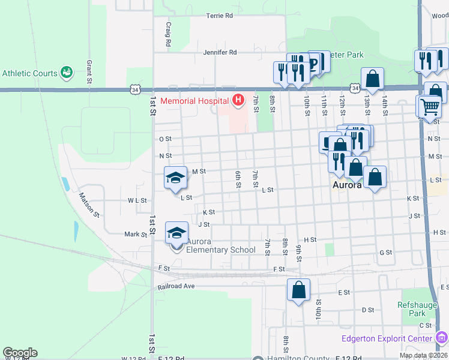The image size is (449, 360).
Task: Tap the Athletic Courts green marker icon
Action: pyautogui.click(x=67, y=73)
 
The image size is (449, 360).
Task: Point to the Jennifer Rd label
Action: pyautogui.click(x=220, y=53)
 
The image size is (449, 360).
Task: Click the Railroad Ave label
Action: pyautogui.click(x=176, y=286)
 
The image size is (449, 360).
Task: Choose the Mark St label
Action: pyautogui.click(x=136, y=235)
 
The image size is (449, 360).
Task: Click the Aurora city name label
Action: pyautogui.click(x=347, y=186)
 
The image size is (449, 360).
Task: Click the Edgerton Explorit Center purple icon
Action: pyautogui.click(x=442, y=338)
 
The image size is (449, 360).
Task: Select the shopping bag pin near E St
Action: pyautogui.click(x=298, y=291)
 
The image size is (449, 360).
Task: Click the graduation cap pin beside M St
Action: pyautogui.click(x=175, y=178)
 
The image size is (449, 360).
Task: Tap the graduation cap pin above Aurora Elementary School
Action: pyautogui.click(x=176, y=233)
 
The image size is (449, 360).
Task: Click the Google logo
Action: pyautogui.click(x=20, y=353)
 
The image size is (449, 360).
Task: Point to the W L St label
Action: pyautogui.click(x=137, y=200)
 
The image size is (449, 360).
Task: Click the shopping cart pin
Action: pyautogui.click(x=430, y=107)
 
